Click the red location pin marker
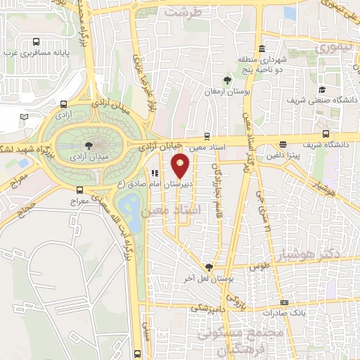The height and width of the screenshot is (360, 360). point(181,166)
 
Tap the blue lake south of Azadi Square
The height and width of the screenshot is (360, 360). point(129,206)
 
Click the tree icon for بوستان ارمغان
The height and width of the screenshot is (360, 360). point(226,81)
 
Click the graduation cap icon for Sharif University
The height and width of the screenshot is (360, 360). point(321,89)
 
